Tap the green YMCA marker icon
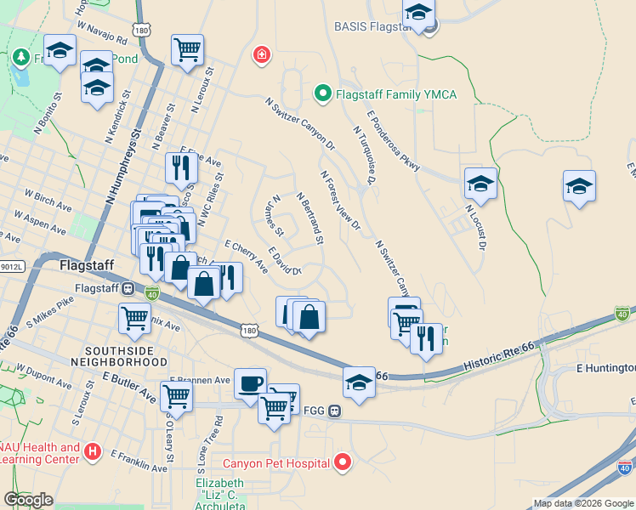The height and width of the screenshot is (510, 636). click(x=323, y=93)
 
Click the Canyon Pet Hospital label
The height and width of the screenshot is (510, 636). click(x=276, y=464)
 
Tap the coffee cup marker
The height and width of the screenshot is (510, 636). click(x=250, y=382)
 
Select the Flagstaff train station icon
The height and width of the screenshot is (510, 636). click(x=128, y=288)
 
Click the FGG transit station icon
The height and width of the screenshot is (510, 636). click(x=336, y=411)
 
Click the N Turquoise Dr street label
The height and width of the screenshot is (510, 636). click(x=363, y=155)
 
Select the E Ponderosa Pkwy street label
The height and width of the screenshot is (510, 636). click(x=394, y=140)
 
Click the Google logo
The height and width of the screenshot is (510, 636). click(x=29, y=500)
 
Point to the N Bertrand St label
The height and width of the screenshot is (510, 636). click(x=310, y=218)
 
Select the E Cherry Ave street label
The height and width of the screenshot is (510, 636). click(x=247, y=256)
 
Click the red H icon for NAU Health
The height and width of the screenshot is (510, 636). click(x=93, y=452)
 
